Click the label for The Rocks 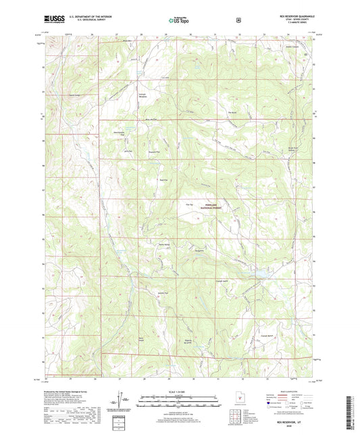pos(233,111)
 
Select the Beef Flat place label pos(163,180)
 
